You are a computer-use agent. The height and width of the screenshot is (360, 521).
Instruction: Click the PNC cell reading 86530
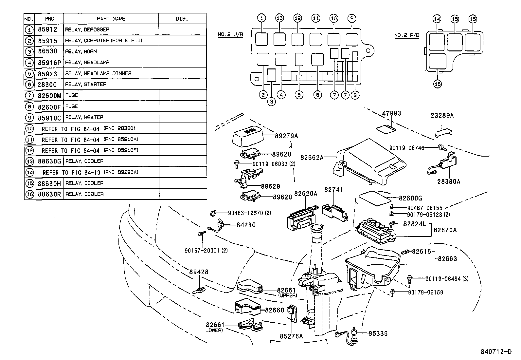tap(47, 51)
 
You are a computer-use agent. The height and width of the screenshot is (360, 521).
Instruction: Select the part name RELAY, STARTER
tap(86, 85)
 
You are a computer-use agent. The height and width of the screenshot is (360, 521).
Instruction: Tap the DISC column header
tap(182, 19)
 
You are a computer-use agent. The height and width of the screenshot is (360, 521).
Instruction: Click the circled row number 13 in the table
tap(29, 161)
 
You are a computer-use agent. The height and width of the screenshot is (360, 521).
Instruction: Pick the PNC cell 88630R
tap(49, 194)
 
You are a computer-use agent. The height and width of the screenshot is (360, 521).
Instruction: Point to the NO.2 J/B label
tap(230, 35)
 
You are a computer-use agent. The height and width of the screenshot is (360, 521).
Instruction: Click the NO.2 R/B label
tap(406, 35)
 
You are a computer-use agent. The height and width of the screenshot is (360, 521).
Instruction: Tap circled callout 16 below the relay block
tap(438, 84)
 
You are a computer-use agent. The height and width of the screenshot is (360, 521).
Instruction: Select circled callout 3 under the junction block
tap(271, 102)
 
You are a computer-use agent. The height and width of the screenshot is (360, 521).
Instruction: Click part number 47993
tap(391, 114)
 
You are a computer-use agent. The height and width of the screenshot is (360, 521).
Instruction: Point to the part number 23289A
tap(442, 116)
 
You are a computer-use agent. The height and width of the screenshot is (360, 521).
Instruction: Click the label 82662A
tap(312, 158)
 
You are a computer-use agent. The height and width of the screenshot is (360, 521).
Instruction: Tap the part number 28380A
tap(449, 181)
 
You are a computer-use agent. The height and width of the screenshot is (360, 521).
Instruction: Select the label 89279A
tap(287, 136)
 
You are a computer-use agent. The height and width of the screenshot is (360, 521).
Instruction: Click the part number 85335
tap(378, 333)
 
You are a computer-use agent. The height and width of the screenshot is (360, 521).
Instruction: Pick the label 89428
tap(199, 272)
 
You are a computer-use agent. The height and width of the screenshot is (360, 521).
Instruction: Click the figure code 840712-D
tap(496, 352)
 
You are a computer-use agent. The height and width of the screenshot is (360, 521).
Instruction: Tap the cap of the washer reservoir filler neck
tap(317, 229)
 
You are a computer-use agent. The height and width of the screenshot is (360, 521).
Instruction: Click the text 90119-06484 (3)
tap(447, 279)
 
